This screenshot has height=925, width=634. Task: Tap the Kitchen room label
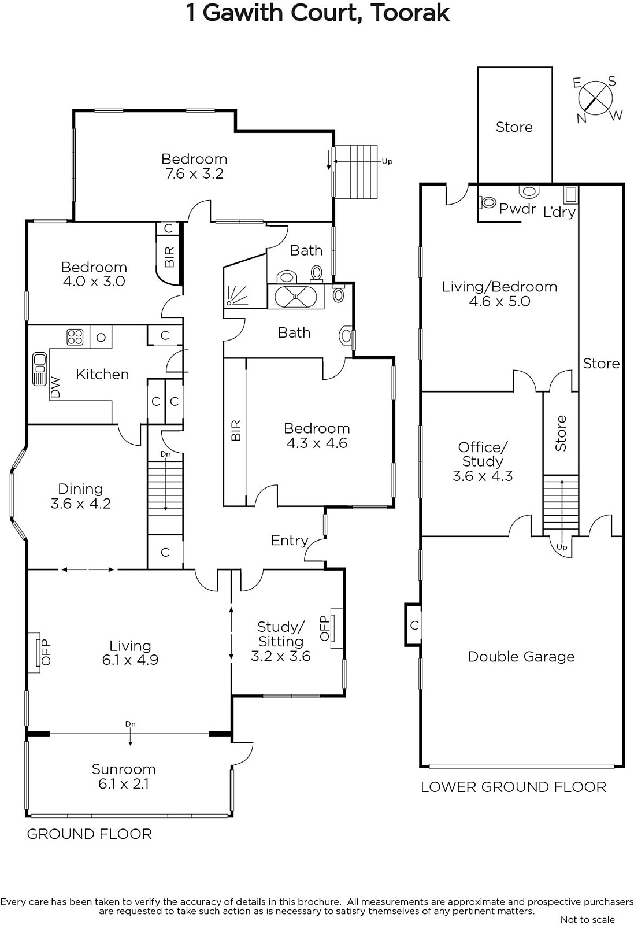click(x=102, y=374)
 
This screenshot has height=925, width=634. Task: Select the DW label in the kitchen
click(x=55, y=387)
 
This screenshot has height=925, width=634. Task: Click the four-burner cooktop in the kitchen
click(x=75, y=337)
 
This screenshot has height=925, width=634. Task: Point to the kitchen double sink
click(x=40, y=369)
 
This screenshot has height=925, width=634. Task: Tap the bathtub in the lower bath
click(x=296, y=297)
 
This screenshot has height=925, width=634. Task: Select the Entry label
click(x=290, y=540)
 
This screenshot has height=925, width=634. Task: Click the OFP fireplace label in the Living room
click(x=46, y=652)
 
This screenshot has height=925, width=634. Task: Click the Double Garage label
click(x=521, y=657)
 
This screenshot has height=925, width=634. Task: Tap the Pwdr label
click(x=517, y=209)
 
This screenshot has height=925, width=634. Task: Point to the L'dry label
click(x=559, y=212)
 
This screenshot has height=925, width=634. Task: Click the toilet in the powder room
click(x=488, y=202)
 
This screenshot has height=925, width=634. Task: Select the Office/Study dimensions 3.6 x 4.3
click(x=483, y=476)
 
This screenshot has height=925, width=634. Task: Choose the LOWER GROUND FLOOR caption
click(x=513, y=787)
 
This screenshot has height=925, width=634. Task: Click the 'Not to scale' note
click(x=588, y=920)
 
